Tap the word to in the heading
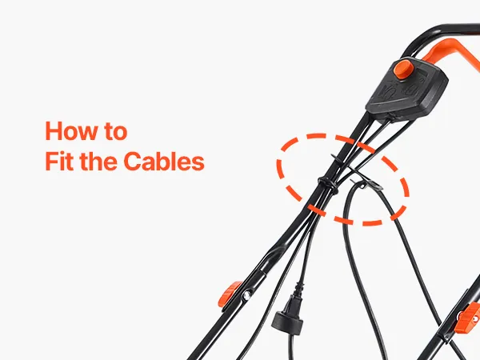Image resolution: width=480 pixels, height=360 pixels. pos(115,132)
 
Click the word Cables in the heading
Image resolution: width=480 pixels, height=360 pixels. pos(164,161)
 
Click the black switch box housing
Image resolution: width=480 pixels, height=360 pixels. pos(407,89)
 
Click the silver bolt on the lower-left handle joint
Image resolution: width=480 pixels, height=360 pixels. pos(246,295)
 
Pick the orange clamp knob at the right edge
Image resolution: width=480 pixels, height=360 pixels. pos(468,318)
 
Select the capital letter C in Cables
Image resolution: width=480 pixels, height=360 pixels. pos(132,161)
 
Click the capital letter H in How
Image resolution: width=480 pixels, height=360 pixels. pos(54,131)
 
